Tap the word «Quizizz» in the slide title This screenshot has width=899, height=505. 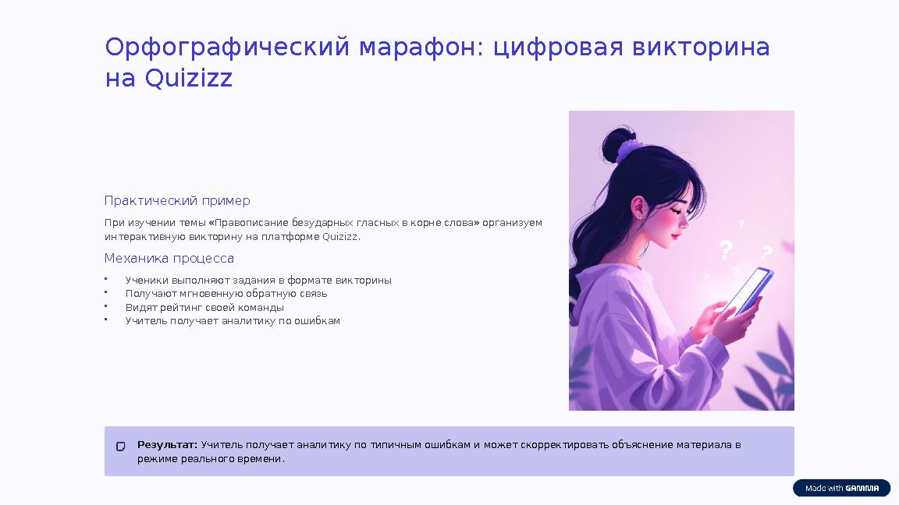tap(189, 79)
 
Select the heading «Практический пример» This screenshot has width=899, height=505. tap(177, 201)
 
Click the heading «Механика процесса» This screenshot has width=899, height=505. tap(169, 259)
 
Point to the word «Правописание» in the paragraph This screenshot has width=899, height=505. tap(246, 223)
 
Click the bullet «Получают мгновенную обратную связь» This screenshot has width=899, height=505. tap(226, 294)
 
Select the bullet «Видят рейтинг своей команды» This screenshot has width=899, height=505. tap(204, 308)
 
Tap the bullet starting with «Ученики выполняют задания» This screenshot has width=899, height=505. tap(258, 281)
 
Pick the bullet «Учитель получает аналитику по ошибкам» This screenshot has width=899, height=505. tap(233, 321)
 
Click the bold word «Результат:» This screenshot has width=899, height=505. tap(168, 445)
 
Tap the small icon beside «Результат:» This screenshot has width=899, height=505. tap(121, 447)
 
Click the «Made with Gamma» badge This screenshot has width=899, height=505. tap(841, 489)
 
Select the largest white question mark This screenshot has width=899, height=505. tap(727, 250)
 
